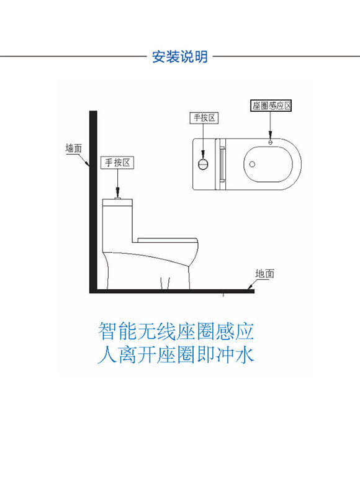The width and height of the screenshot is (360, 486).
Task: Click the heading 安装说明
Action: click(179, 56)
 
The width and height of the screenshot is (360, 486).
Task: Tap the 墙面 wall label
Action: click(74, 148)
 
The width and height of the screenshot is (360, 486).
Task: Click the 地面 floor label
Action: click(264, 274)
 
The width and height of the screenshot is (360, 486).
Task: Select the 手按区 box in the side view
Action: click(117, 163)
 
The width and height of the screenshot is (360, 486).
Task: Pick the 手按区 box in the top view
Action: click(204, 118)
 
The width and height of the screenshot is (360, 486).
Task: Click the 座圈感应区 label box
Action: click(271, 106)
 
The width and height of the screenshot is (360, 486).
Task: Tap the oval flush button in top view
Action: click(203, 164)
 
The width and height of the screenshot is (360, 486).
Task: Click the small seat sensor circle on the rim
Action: click(270, 143)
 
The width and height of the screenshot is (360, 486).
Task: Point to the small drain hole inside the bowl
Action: click(253, 164)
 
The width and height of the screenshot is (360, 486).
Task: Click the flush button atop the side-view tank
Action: click(117, 199)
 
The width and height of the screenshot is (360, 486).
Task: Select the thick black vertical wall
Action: click(93, 202)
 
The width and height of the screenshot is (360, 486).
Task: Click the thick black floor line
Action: click(172, 291)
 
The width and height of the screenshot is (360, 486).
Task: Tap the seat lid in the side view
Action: click(168, 240)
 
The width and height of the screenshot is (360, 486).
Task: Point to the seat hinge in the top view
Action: click(221, 164)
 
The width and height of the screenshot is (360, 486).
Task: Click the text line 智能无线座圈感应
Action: click(176, 331)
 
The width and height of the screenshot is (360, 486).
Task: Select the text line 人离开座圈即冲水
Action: click(176, 354)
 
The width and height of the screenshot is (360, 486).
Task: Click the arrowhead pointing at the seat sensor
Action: click(270, 135)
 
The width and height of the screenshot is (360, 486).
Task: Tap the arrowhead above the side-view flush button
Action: click(117, 192)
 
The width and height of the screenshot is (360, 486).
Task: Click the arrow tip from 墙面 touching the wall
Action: click(89, 166)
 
